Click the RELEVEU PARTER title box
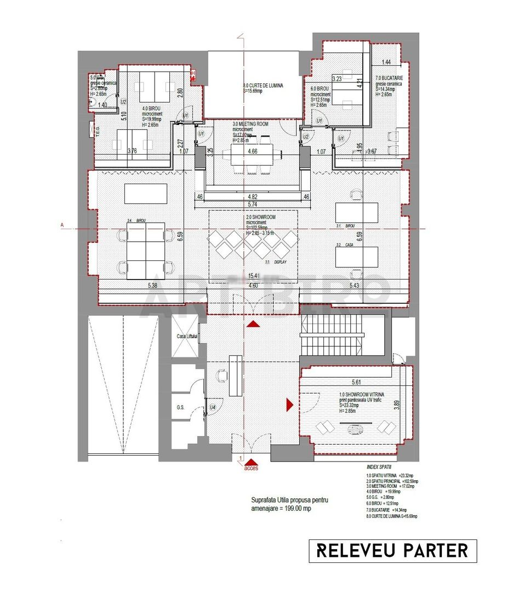click(x=392, y=550)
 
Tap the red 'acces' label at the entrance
click(x=251, y=469)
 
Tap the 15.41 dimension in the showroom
click(x=253, y=276)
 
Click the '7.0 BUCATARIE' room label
click(x=390, y=79)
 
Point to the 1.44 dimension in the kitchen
click(x=386, y=62)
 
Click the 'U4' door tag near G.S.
click(x=213, y=407)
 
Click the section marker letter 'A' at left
click(x=62, y=225)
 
